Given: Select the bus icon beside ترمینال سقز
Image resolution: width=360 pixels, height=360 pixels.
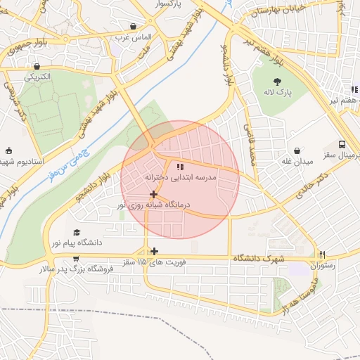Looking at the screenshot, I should point(342,143).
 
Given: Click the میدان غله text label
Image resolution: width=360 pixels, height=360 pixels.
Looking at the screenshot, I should point(297,162).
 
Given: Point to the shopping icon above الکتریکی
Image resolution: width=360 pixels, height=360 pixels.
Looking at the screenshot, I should point(36,67).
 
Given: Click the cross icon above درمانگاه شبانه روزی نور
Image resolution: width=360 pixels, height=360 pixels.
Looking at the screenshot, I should point(153,193).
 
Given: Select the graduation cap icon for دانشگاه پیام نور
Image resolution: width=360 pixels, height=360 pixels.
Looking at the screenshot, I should point(76,233).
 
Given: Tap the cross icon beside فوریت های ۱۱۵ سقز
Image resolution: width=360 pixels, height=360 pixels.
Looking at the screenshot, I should point(153,251).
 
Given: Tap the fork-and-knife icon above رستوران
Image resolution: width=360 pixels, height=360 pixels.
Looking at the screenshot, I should point(323,255).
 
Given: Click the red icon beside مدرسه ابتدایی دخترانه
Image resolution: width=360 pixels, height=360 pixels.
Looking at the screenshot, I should point(179,167).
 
